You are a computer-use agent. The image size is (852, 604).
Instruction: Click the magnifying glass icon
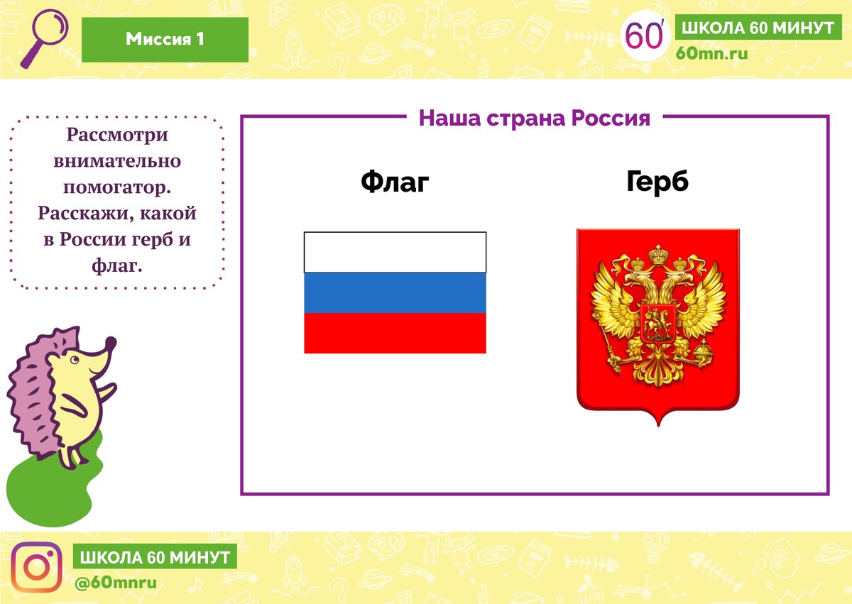click(45, 38)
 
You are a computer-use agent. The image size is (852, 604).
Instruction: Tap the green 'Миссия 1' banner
click(165, 40)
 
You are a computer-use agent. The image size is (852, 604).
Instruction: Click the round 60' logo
click(645, 35)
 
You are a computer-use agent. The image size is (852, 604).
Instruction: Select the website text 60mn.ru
click(711, 54)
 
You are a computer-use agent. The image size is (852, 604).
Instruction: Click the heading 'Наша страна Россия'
click(535, 118)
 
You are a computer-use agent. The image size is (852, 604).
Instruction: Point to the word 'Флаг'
click(395, 182)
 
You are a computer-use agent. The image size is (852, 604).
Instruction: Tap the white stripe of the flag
click(395, 252)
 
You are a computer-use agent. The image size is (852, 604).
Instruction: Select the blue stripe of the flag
click(395, 292)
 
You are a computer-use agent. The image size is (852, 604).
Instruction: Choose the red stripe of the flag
click(395, 334)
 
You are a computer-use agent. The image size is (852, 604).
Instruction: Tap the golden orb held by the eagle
click(703, 354)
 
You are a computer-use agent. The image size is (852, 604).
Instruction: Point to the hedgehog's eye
click(75, 359)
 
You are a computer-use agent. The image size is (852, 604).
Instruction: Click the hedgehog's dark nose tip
click(111, 342)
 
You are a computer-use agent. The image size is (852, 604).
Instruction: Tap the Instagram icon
click(36, 567)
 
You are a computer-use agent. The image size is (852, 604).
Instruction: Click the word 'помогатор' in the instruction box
click(116, 187)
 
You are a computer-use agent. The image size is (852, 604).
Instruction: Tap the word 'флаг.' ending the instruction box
click(116, 265)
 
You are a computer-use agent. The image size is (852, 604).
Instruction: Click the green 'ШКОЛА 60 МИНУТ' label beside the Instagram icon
click(155, 556)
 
